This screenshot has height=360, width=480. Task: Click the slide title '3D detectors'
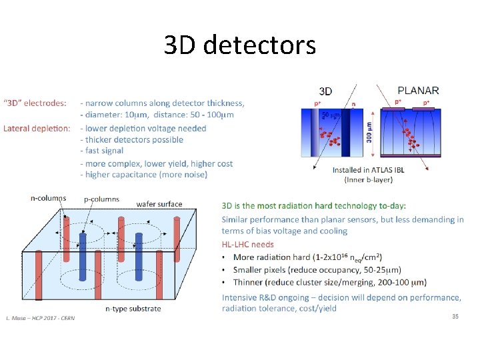pyautogui.click(x=239, y=45)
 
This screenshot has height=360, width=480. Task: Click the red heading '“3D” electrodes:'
pyautogui.click(x=35, y=103)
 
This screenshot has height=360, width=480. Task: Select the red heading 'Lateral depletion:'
pyautogui.click(x=37, y=128)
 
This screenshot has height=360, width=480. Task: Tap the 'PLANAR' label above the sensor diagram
pyautogui.click(x=418, y=90)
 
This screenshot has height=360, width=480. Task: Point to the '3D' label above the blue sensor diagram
pyautogui.click(x=326, y=91)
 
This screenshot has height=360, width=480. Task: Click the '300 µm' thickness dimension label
pyautogui.click(x=369, y=136)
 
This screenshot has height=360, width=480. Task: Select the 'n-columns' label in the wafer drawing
pyautogui.click(x=48, y=198)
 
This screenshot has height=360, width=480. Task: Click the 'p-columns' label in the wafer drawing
pyautogui.click(x=101, y=199)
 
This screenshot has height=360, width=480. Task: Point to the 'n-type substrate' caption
pyautogui.click(x=133, y=309)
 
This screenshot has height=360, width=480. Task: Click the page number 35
pyautogui.click(x=455, y=316)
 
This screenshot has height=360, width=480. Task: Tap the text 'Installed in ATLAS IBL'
pyautogui.click(x=368, y=170)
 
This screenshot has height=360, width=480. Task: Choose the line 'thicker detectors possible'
pyautogui.click(x=133, y=140)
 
